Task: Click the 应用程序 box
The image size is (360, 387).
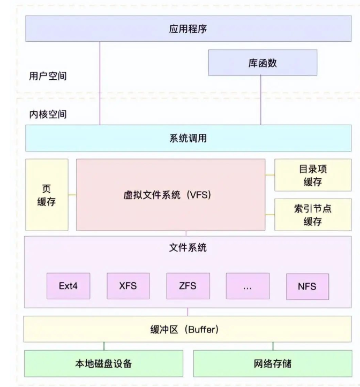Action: click(x=187, y=29)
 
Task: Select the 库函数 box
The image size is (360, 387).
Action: click(x=262, y=63)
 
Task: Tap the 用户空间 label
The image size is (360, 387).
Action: click(x=48, y=76)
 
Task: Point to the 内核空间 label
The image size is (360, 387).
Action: click(x=48, y=114)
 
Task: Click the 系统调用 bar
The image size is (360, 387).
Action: click(x=187, y=139)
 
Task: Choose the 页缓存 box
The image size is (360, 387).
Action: click(x=47, y=195)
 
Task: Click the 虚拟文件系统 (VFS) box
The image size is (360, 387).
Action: click(x=171, y=195)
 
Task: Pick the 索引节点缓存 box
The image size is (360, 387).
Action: click(x=313, y=215)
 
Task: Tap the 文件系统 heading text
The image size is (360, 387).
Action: click(x=187, y=248)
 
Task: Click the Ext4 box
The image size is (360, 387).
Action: click(x=68, y=286)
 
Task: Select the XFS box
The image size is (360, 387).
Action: click(x=128, y=286)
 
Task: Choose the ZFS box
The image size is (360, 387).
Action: click(x=187, y=286)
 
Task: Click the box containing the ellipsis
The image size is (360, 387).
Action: click(x=247, y=286)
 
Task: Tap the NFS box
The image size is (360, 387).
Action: click(x=307, y=286)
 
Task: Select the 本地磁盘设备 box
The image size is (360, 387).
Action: click(x=104, y=364)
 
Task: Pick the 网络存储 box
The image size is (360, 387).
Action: click(x=272, y=364)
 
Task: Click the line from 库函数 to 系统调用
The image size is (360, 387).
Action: click(x=261, y=102)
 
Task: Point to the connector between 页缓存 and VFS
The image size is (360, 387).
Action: click(x=72, y=195)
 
